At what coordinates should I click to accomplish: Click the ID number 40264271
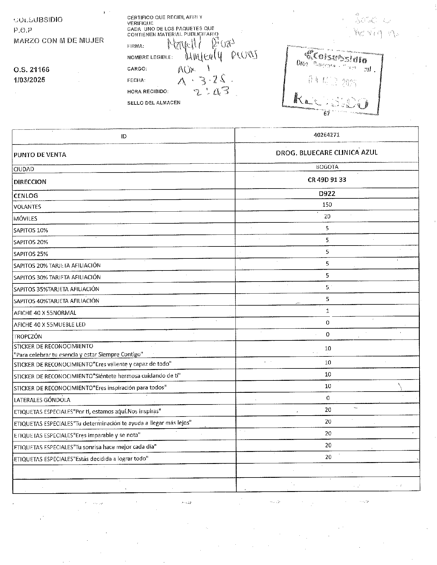pos(327,135)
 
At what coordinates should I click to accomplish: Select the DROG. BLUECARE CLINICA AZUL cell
pos(327,152)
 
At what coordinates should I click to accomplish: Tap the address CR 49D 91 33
pos(327,180)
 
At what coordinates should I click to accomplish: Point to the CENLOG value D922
pos(327,193)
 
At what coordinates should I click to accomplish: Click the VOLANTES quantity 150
pos(327,205)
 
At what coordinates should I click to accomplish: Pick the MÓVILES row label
pos(25,218)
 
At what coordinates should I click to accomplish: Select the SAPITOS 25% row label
pos(31,254)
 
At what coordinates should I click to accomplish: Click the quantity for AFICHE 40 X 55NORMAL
pos(327,311)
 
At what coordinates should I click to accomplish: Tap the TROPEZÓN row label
pos(28,336)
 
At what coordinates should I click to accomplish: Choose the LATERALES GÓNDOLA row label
pos(42,400)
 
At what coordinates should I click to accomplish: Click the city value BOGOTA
pos(327,167)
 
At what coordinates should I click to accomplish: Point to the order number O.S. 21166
pos(31,70)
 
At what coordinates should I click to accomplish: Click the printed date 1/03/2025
pos(29,80)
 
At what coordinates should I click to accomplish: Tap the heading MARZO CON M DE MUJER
pos(59,40)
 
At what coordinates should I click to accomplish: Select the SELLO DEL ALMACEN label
pos(154,103)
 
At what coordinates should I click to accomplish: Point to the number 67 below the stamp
pos(327,113)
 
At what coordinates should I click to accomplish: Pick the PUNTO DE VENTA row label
pos(40,155)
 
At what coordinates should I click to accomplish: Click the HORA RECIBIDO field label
pos(148,91)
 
